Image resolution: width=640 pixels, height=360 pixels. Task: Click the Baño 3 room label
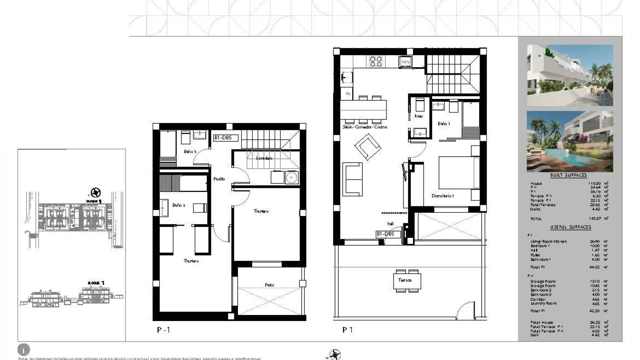coord(190,152)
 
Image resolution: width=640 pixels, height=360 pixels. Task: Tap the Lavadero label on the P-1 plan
coord(264,158)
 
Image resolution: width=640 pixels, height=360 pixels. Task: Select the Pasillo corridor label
coord(219,179)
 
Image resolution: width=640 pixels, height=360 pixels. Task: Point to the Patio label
coord(269,285)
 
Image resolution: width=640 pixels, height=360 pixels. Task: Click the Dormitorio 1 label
coord(443,196)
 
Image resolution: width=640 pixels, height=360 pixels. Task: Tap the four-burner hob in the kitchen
coord(376,61)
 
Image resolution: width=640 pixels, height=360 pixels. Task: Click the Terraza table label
coord(405,280)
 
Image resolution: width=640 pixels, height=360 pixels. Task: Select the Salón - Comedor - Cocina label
coord(365,127)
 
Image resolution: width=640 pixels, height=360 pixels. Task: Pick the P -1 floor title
coord(163,330)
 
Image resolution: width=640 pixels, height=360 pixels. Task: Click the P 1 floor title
coord(347,330)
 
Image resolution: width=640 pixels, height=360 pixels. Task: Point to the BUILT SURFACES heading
coord(568,175)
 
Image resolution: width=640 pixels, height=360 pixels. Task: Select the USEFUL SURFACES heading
coord(570,227)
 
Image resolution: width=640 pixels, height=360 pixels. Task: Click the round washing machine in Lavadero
coord(292,177)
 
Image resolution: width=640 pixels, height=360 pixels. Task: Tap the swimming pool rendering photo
coord(570,141)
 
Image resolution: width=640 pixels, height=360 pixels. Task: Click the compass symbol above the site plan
coord(96,192)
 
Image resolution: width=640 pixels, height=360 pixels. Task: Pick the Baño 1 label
coord(444,124)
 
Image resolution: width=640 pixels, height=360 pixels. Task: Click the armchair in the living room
coord(368,147)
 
